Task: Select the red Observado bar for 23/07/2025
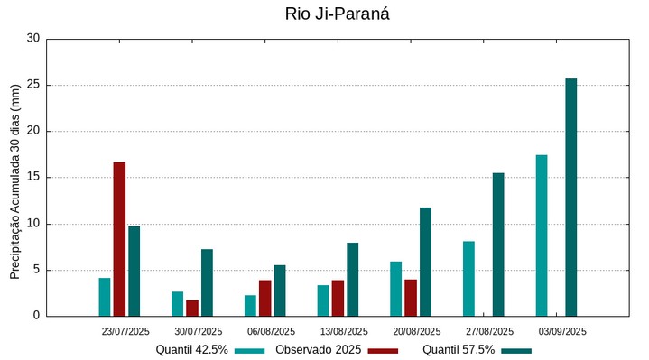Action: coord(119,239)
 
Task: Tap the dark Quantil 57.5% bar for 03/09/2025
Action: coord(571,198)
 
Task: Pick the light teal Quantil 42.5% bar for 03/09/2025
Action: coord(542,235)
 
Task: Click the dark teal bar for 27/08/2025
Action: coord(498,245)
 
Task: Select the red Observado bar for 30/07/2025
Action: coord(192,308)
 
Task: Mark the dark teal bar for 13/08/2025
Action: coord(353,280)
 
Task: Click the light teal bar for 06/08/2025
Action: coord(250,305)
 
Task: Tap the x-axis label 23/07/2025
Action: coord(125,331)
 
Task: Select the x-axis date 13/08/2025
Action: coord(344,331)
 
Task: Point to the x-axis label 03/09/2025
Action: coord(562,331)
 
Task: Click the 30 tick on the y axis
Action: coord(33,39)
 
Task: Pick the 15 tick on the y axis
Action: coord(33,178)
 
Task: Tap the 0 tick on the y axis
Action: coord(36,316)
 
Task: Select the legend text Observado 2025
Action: coord(319,350)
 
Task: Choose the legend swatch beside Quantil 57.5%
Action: coord(516,350)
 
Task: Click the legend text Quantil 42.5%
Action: coord(191,350)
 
